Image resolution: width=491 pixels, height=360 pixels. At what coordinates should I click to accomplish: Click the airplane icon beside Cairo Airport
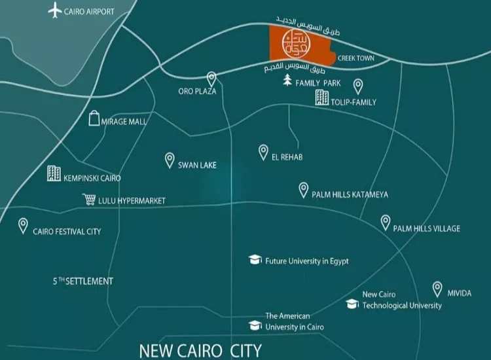tap(55, 10)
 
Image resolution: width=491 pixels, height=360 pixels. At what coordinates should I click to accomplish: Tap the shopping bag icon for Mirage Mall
tap(94, 118)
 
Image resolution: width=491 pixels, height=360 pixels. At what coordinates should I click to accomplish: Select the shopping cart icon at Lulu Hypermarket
tap(89, 200)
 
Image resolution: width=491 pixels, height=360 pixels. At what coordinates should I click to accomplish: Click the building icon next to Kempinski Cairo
tap(54, 173)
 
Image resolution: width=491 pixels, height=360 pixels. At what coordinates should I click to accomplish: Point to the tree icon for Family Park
tap(287, 81)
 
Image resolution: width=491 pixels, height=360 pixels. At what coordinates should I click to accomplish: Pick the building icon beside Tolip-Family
tap(321, 98)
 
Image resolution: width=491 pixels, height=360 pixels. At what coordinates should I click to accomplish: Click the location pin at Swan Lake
tap(170, 160)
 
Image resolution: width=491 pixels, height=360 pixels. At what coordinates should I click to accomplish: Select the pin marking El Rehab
tap(263, 151)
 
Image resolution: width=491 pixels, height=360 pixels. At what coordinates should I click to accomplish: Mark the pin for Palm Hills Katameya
tap(304, 189)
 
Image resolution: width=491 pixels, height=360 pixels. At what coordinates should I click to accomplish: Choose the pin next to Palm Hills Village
tap(386, 223)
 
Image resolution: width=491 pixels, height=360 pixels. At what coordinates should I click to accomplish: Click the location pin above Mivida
tap(437, 288)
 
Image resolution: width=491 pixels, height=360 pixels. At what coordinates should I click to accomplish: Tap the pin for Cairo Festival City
tap(24, 225)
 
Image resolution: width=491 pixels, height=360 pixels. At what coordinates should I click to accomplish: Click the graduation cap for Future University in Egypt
tap(255, 261)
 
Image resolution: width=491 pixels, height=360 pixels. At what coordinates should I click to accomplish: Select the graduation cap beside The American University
tap(255, 325)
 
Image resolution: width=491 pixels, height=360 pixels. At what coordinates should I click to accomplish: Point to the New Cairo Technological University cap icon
tap(352, 304)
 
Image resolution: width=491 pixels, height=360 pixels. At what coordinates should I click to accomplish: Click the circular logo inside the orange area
tap(293, 43)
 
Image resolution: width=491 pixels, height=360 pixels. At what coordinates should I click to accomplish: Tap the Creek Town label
tap(355, 58)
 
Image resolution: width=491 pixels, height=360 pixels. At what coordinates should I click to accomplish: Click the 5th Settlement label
tap(83, 281)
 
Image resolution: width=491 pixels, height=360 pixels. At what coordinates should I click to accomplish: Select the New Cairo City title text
tap(200, 350)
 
